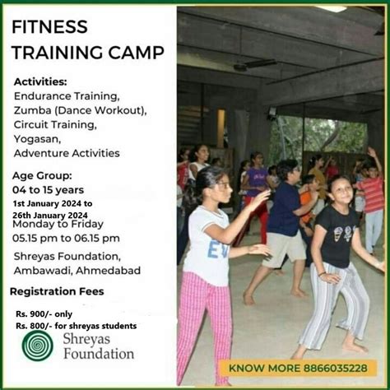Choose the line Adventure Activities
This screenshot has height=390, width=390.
coord(67,153)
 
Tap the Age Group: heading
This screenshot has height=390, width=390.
coord(42,175)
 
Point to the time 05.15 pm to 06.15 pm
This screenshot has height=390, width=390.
coord(66,238)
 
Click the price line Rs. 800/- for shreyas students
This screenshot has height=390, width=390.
coord(76,326)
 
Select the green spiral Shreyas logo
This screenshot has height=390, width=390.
coord(38,346)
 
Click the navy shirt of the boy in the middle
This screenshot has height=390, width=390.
coord(285,209)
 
